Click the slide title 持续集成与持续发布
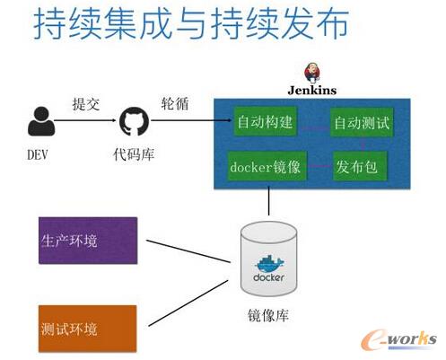coord(189,27)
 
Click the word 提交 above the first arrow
coord(86,102)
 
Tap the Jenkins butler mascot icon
coord(314,73)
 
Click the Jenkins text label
coord(312,91)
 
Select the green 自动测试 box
coord(362,122)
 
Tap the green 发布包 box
coord(356,167)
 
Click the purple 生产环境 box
coord(87,241)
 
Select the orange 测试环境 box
coord(87,327)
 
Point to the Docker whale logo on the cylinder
coord(269,266)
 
